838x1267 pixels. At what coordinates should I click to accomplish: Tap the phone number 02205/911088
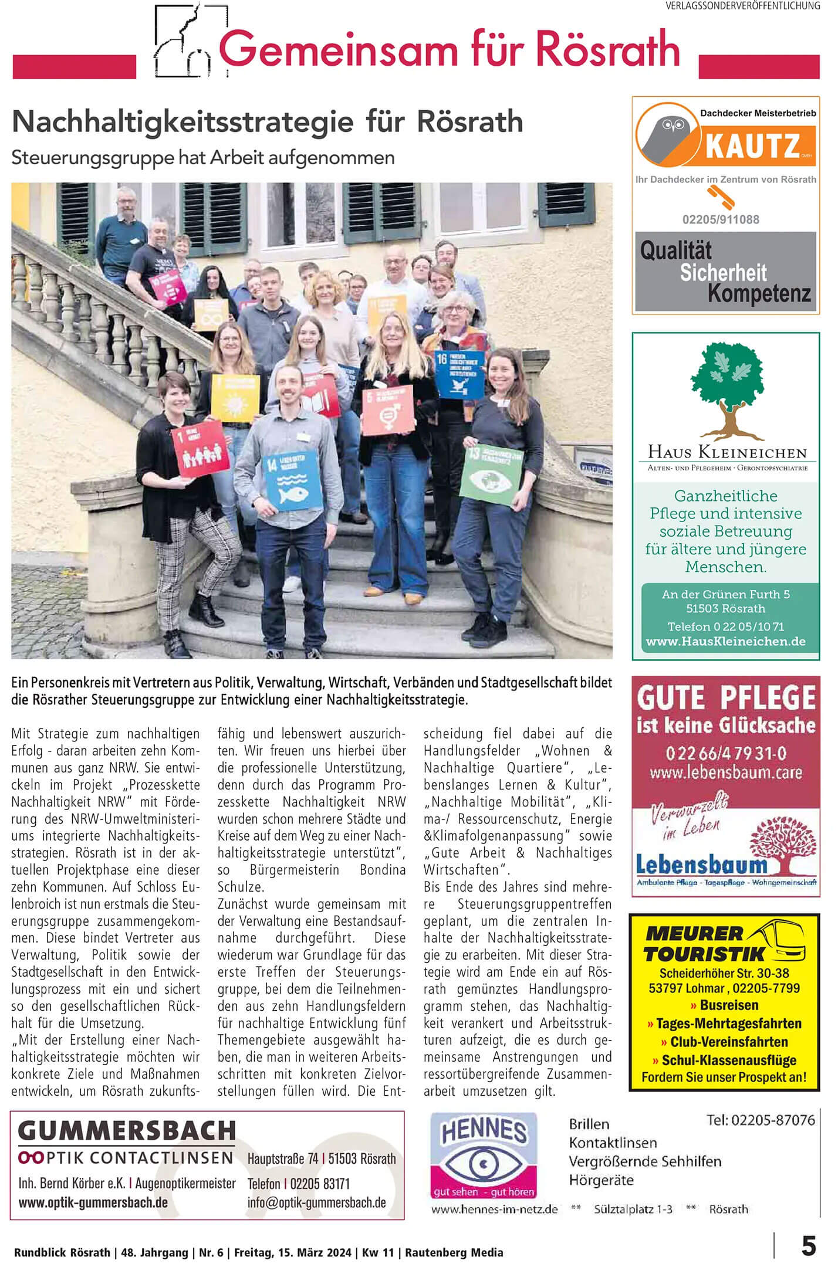pyautogui.click(x=721, y=219)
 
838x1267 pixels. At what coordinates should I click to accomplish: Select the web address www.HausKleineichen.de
pyautogui.click(x=726, y=641)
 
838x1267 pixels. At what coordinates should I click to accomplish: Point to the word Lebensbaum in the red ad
pyautogui.click(x=702, y=865)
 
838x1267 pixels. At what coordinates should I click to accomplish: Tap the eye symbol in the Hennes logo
pyautogui.click(x=484, y=1163)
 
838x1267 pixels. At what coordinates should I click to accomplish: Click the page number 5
pyautogui.click(x=809, y=1246)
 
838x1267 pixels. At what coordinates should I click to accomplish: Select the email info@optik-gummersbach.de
pyautogui.click(x=317, y=1202)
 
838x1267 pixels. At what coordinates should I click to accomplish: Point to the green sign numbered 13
pyautogui.click(x=491, y=473)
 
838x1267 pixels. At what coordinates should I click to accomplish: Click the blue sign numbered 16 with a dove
pyautogui.click(x=459, y=374)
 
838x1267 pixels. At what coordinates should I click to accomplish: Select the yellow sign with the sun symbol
pyautogui.click(x=235, y=397)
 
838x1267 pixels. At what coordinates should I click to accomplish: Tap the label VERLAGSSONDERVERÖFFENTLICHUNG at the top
pyautogui.click(x=742, y=6)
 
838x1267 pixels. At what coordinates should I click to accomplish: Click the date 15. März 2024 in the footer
pyautogui.click(x=312, y=1253)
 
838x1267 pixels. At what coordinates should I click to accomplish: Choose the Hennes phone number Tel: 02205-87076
pyautogui.click(x=761, y=1120)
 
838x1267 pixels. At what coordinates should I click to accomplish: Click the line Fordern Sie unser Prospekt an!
pyautogui.click(x=724, y=1077)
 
